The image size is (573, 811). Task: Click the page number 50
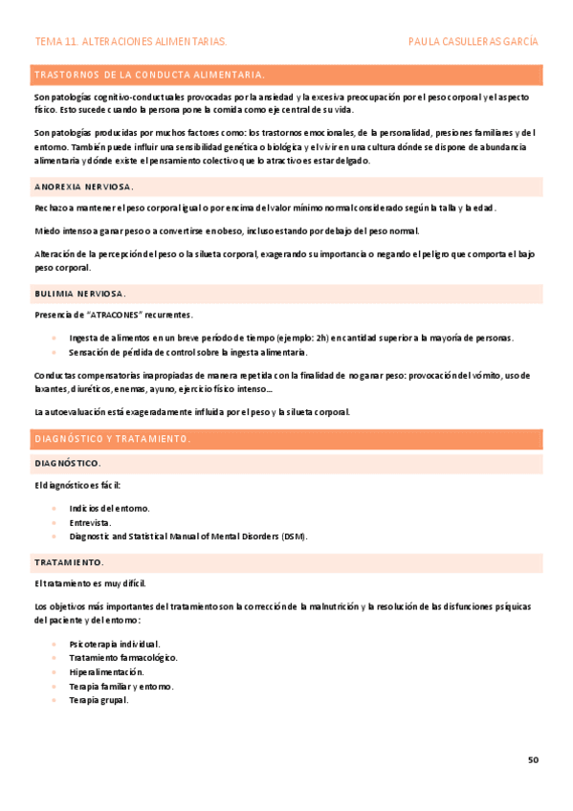[533, 759]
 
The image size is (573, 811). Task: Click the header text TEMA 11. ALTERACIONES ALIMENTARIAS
[130, 42]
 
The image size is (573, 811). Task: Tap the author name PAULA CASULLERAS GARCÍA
[473, 42]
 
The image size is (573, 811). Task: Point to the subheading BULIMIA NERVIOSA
[79, 293]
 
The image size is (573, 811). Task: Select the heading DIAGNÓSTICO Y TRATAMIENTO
[113, 439]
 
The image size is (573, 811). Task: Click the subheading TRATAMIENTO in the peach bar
[69, 561]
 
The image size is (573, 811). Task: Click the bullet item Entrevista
[90, 522]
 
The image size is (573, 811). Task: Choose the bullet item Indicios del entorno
[109, 508]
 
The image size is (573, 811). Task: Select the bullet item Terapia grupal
[99, 700]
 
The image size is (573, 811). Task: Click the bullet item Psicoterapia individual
[115, 644]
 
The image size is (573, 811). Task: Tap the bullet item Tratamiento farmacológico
[123, 657]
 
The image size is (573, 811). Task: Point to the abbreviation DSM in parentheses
[293, 537]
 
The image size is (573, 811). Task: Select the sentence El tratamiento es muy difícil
[90, 583]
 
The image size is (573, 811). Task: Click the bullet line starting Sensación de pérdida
[188, 352]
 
